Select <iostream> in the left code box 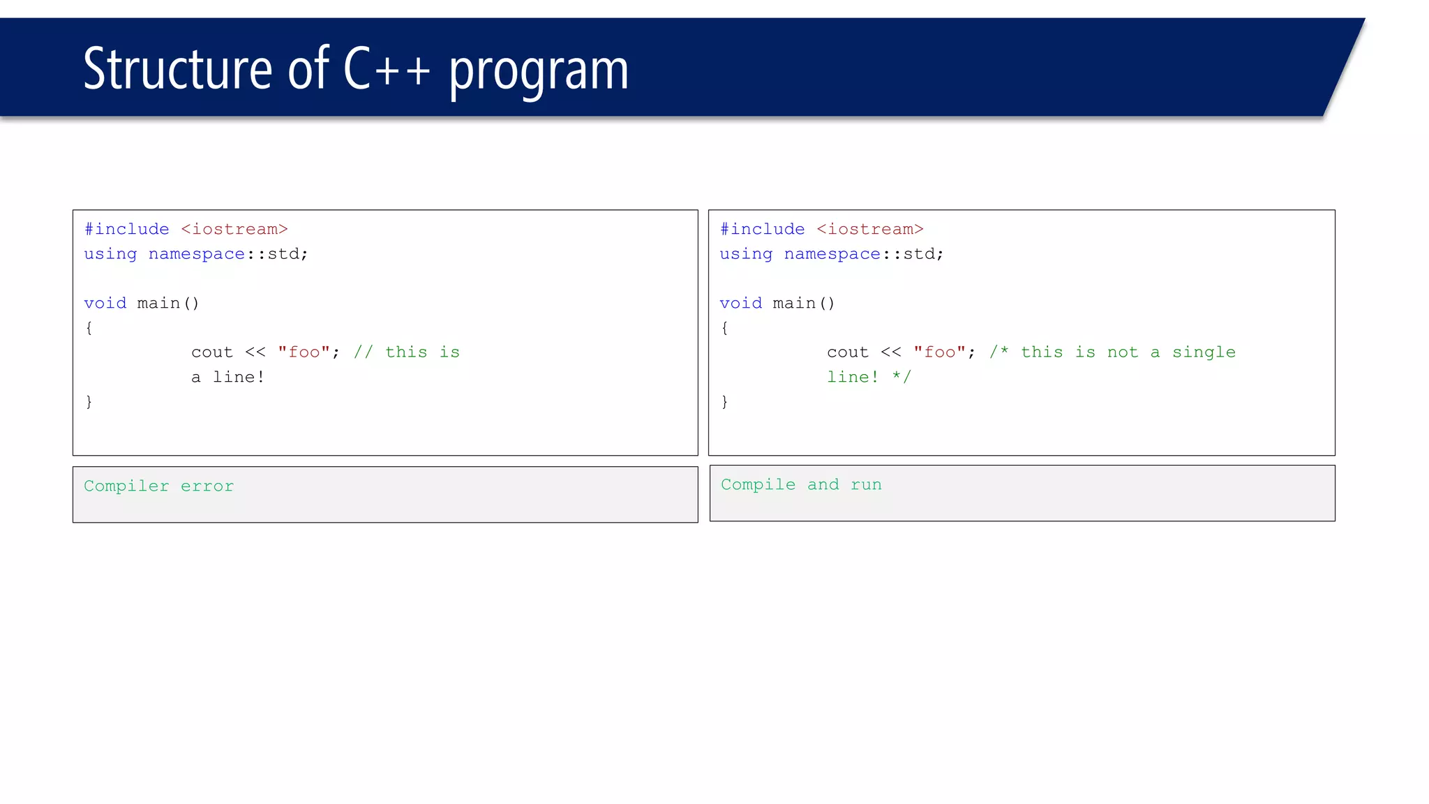[x=234, y=230]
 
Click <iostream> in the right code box [x=870, y=230]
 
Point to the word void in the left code [x=105, y=304]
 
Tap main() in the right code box [x=804, y=304]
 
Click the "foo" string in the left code [x=304, y=352]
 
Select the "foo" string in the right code [x=939, y=352]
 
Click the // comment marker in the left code [x=363, y=352]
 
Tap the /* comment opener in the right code [x=998, y=352]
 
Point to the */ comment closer [x=901, y=378]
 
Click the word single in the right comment [x=1204, y=352]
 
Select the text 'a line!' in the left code [x=228, y=378]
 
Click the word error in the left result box [x=207, y=486]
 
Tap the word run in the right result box [x=866, y=485]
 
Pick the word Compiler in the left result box [x=126, y=486]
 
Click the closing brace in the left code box [x=89, y=402]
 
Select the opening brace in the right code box [x=724, y=328]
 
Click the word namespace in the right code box [x=832, y=254]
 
